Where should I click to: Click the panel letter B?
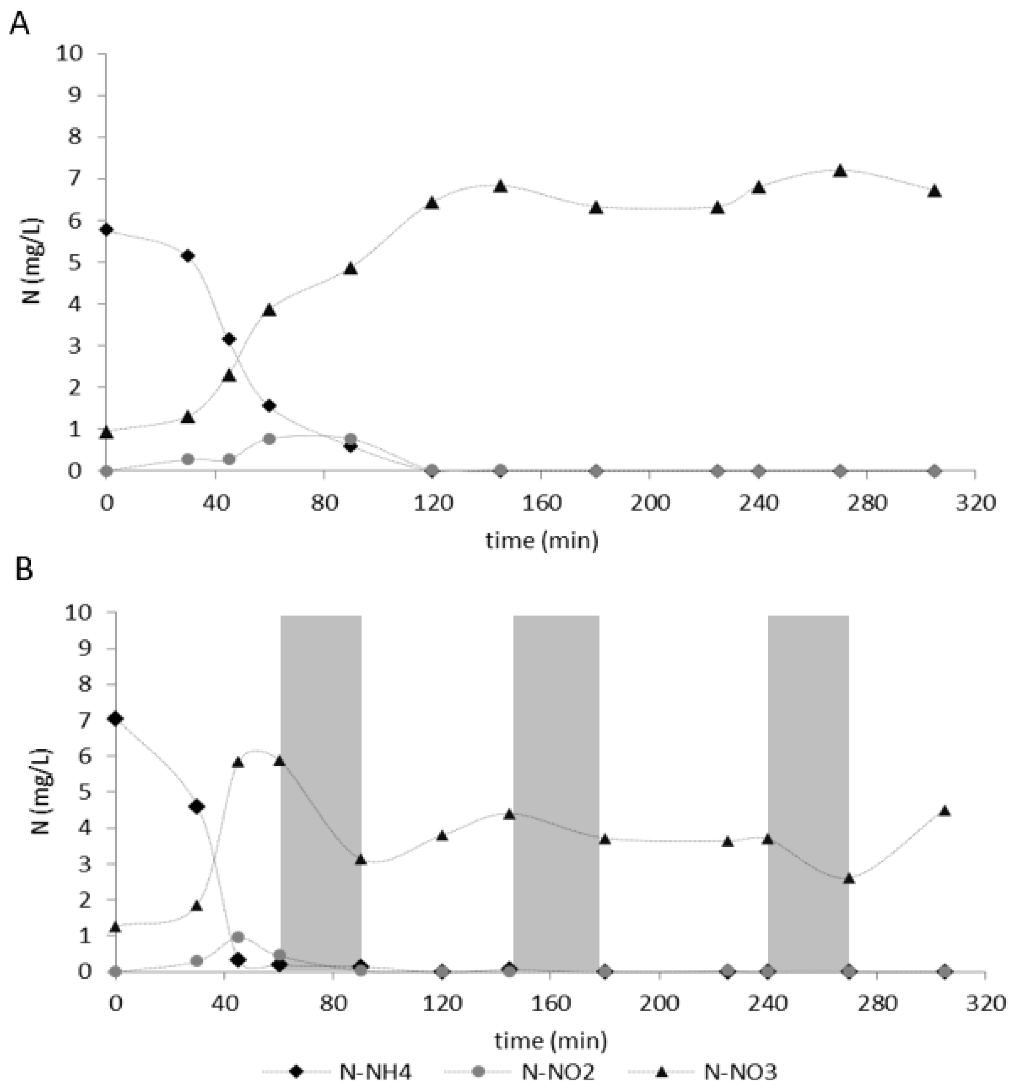pos(24,570)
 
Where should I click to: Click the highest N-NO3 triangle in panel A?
pos(840,171)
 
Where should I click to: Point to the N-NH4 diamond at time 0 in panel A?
pos(107,230)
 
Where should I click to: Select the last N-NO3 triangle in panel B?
pos(944,811)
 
